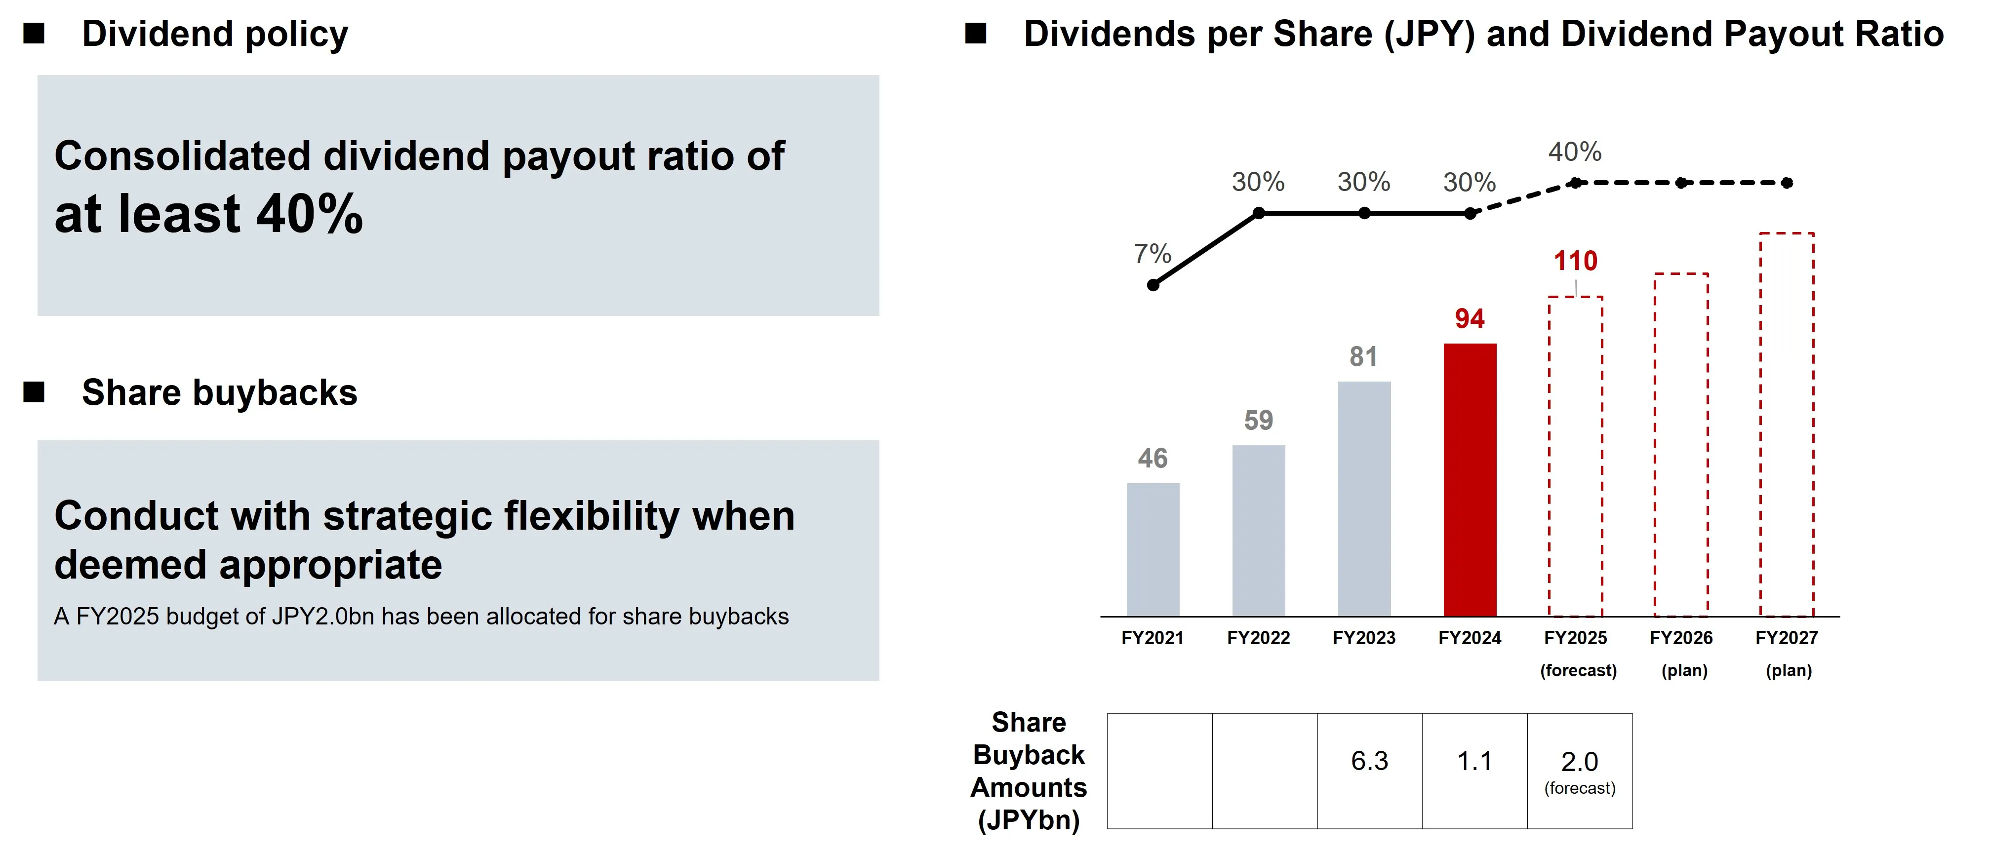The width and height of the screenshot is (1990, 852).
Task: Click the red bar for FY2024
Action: point(1470,480)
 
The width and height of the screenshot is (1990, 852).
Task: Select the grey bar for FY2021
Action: point(1153,550)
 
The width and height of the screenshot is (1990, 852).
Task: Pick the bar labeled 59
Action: point(1258,531)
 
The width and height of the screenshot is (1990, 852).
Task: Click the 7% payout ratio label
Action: point(1152,253)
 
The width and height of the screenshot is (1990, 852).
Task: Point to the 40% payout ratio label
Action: point(1574,152)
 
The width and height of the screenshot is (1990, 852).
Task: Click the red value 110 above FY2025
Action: point(1575,261)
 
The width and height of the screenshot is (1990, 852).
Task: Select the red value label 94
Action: point(1470,318)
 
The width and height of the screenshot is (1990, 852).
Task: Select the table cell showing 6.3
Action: point(1370,771)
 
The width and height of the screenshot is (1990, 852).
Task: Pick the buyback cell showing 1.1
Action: point(1475,771)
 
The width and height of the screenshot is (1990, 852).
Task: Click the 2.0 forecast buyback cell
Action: point(1580,771)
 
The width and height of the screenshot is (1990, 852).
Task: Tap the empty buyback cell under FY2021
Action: point(1159,771)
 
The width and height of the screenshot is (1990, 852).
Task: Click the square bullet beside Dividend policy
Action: point(34,33)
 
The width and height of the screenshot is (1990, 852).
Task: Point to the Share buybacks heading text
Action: point(219,392)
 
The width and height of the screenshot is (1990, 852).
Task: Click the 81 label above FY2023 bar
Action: point(1363,357)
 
